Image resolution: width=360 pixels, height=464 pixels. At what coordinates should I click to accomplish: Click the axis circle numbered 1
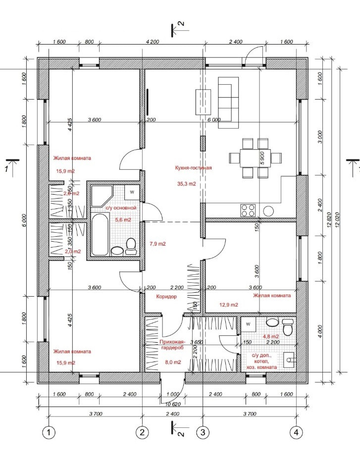[49, 432]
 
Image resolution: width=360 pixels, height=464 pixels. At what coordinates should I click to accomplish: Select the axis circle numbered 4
[296, 432]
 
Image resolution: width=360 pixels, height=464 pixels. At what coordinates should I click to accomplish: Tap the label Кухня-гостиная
[193, 168]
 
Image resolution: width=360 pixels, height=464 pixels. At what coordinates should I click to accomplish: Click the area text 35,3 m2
[186, 184]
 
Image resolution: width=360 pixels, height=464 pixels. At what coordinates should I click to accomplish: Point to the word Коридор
[166, 296]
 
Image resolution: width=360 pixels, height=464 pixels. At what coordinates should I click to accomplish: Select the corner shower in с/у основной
[102, 196]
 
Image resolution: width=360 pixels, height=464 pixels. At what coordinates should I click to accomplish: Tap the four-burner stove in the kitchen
[248, 210]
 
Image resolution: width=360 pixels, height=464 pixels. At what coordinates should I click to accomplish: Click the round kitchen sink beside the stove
[268, 210]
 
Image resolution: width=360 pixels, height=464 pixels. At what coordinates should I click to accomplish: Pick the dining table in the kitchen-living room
[256, 158]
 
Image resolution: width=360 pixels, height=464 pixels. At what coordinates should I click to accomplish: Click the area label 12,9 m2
[228, 305]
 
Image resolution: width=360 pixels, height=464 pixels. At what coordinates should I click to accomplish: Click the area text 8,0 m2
[172, 362]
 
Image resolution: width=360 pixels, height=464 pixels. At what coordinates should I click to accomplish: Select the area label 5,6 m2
[123, 219]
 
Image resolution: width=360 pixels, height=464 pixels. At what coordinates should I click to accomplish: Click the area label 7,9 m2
[157, 244]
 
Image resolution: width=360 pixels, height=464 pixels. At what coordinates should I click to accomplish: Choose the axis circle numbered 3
[202, 432]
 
